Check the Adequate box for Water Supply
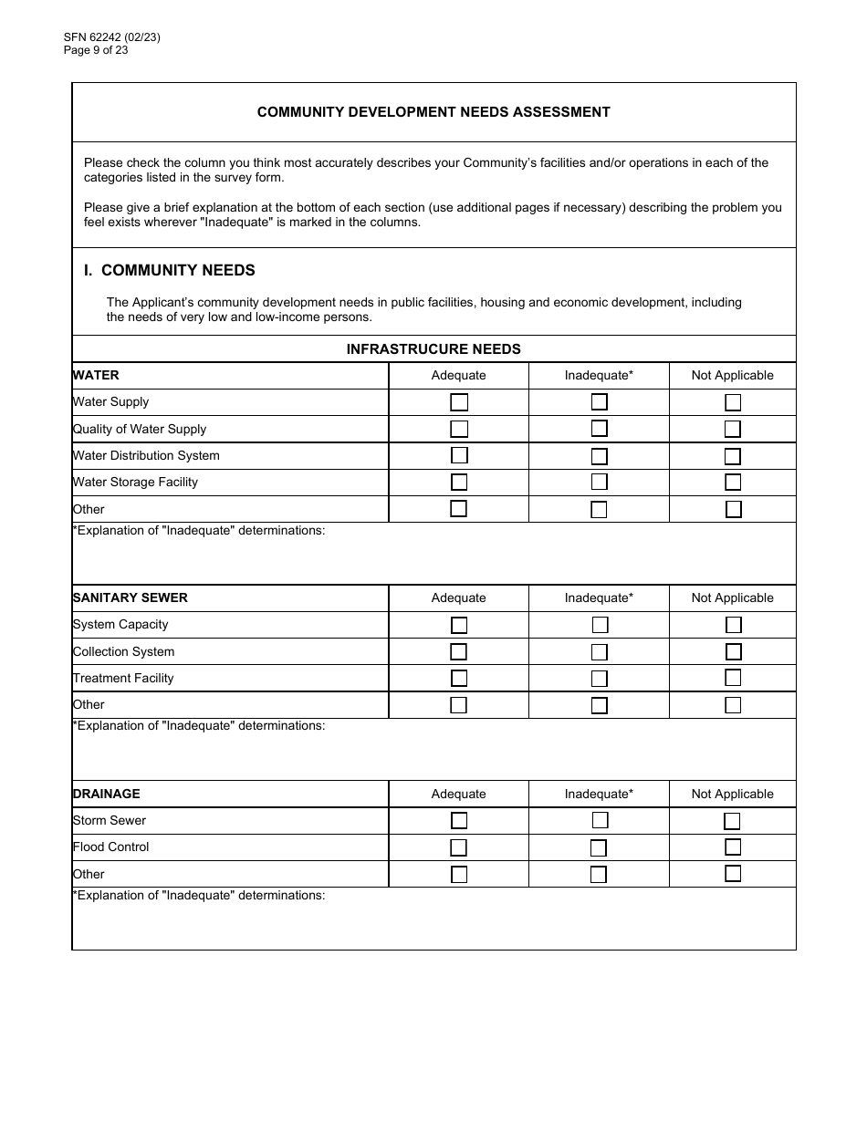click(x=459, y=402)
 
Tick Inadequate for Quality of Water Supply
click(x=599, y=429)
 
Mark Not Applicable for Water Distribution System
click(x=732, y=456)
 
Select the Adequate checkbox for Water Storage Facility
click(x=459, y=483)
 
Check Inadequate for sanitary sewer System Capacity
click(x=600, y=625)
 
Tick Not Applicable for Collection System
click(x=733, y=651)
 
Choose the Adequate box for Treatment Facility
click(x=459, y=678)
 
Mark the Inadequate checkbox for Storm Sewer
click(x=600, y=820)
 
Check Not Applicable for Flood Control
click(x=732, y=847)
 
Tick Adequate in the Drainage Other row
click(x=459, y=874)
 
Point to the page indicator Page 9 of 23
click(x=96, y=50)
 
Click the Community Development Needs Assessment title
click(x=433, y=112)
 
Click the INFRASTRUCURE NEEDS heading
click(x=433, y=348)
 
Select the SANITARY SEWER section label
click(x=131, y=597)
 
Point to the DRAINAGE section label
click(x=107, y=794)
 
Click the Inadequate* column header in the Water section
click(x=599, y=375)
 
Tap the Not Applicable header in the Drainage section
click(x=732, y=794)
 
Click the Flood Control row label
click(x=111, y=847)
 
